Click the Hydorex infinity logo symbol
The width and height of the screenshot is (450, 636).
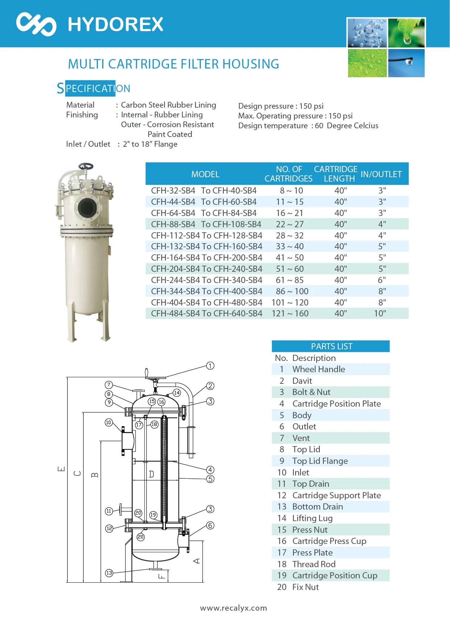36,24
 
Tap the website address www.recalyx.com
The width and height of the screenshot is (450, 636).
234,608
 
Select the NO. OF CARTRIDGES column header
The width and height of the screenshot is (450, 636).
289,174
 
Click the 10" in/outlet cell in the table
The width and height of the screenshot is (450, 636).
380,313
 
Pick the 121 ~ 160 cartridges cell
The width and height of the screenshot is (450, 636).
290,313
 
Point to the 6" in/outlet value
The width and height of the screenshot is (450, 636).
381,280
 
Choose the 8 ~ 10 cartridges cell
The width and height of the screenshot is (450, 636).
291,191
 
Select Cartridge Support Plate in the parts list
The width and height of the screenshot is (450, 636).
337,495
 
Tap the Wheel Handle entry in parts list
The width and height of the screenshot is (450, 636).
318,369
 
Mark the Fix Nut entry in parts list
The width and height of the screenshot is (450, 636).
305,587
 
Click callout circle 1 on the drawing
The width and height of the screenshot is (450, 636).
210,366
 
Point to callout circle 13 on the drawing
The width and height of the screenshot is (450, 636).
109,573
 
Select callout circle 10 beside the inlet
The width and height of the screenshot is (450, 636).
109,423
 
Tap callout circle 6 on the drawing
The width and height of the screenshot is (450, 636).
210,525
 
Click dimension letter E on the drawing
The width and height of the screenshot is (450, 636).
61,469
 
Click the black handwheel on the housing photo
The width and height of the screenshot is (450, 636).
86,166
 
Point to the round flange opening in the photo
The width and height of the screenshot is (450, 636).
87,208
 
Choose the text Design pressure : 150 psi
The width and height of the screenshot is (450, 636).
281,106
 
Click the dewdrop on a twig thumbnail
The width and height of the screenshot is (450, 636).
406,63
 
